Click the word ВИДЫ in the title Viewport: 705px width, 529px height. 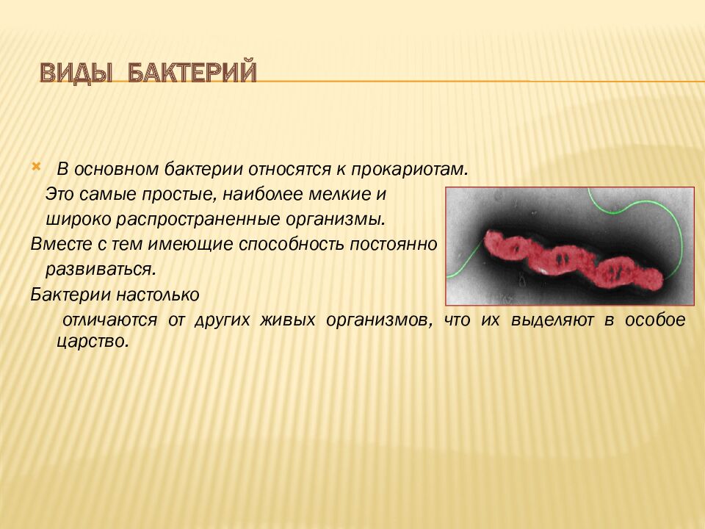click(x=76, y=73)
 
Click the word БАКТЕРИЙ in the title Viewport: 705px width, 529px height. click(x=192, y=73)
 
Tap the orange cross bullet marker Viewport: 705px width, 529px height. click(x=36, y=167)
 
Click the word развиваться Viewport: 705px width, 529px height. click(x=100, y=268)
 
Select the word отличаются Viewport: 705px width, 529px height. click(x=111, y=320)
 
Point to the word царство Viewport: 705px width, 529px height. click(x=92, y=342)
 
